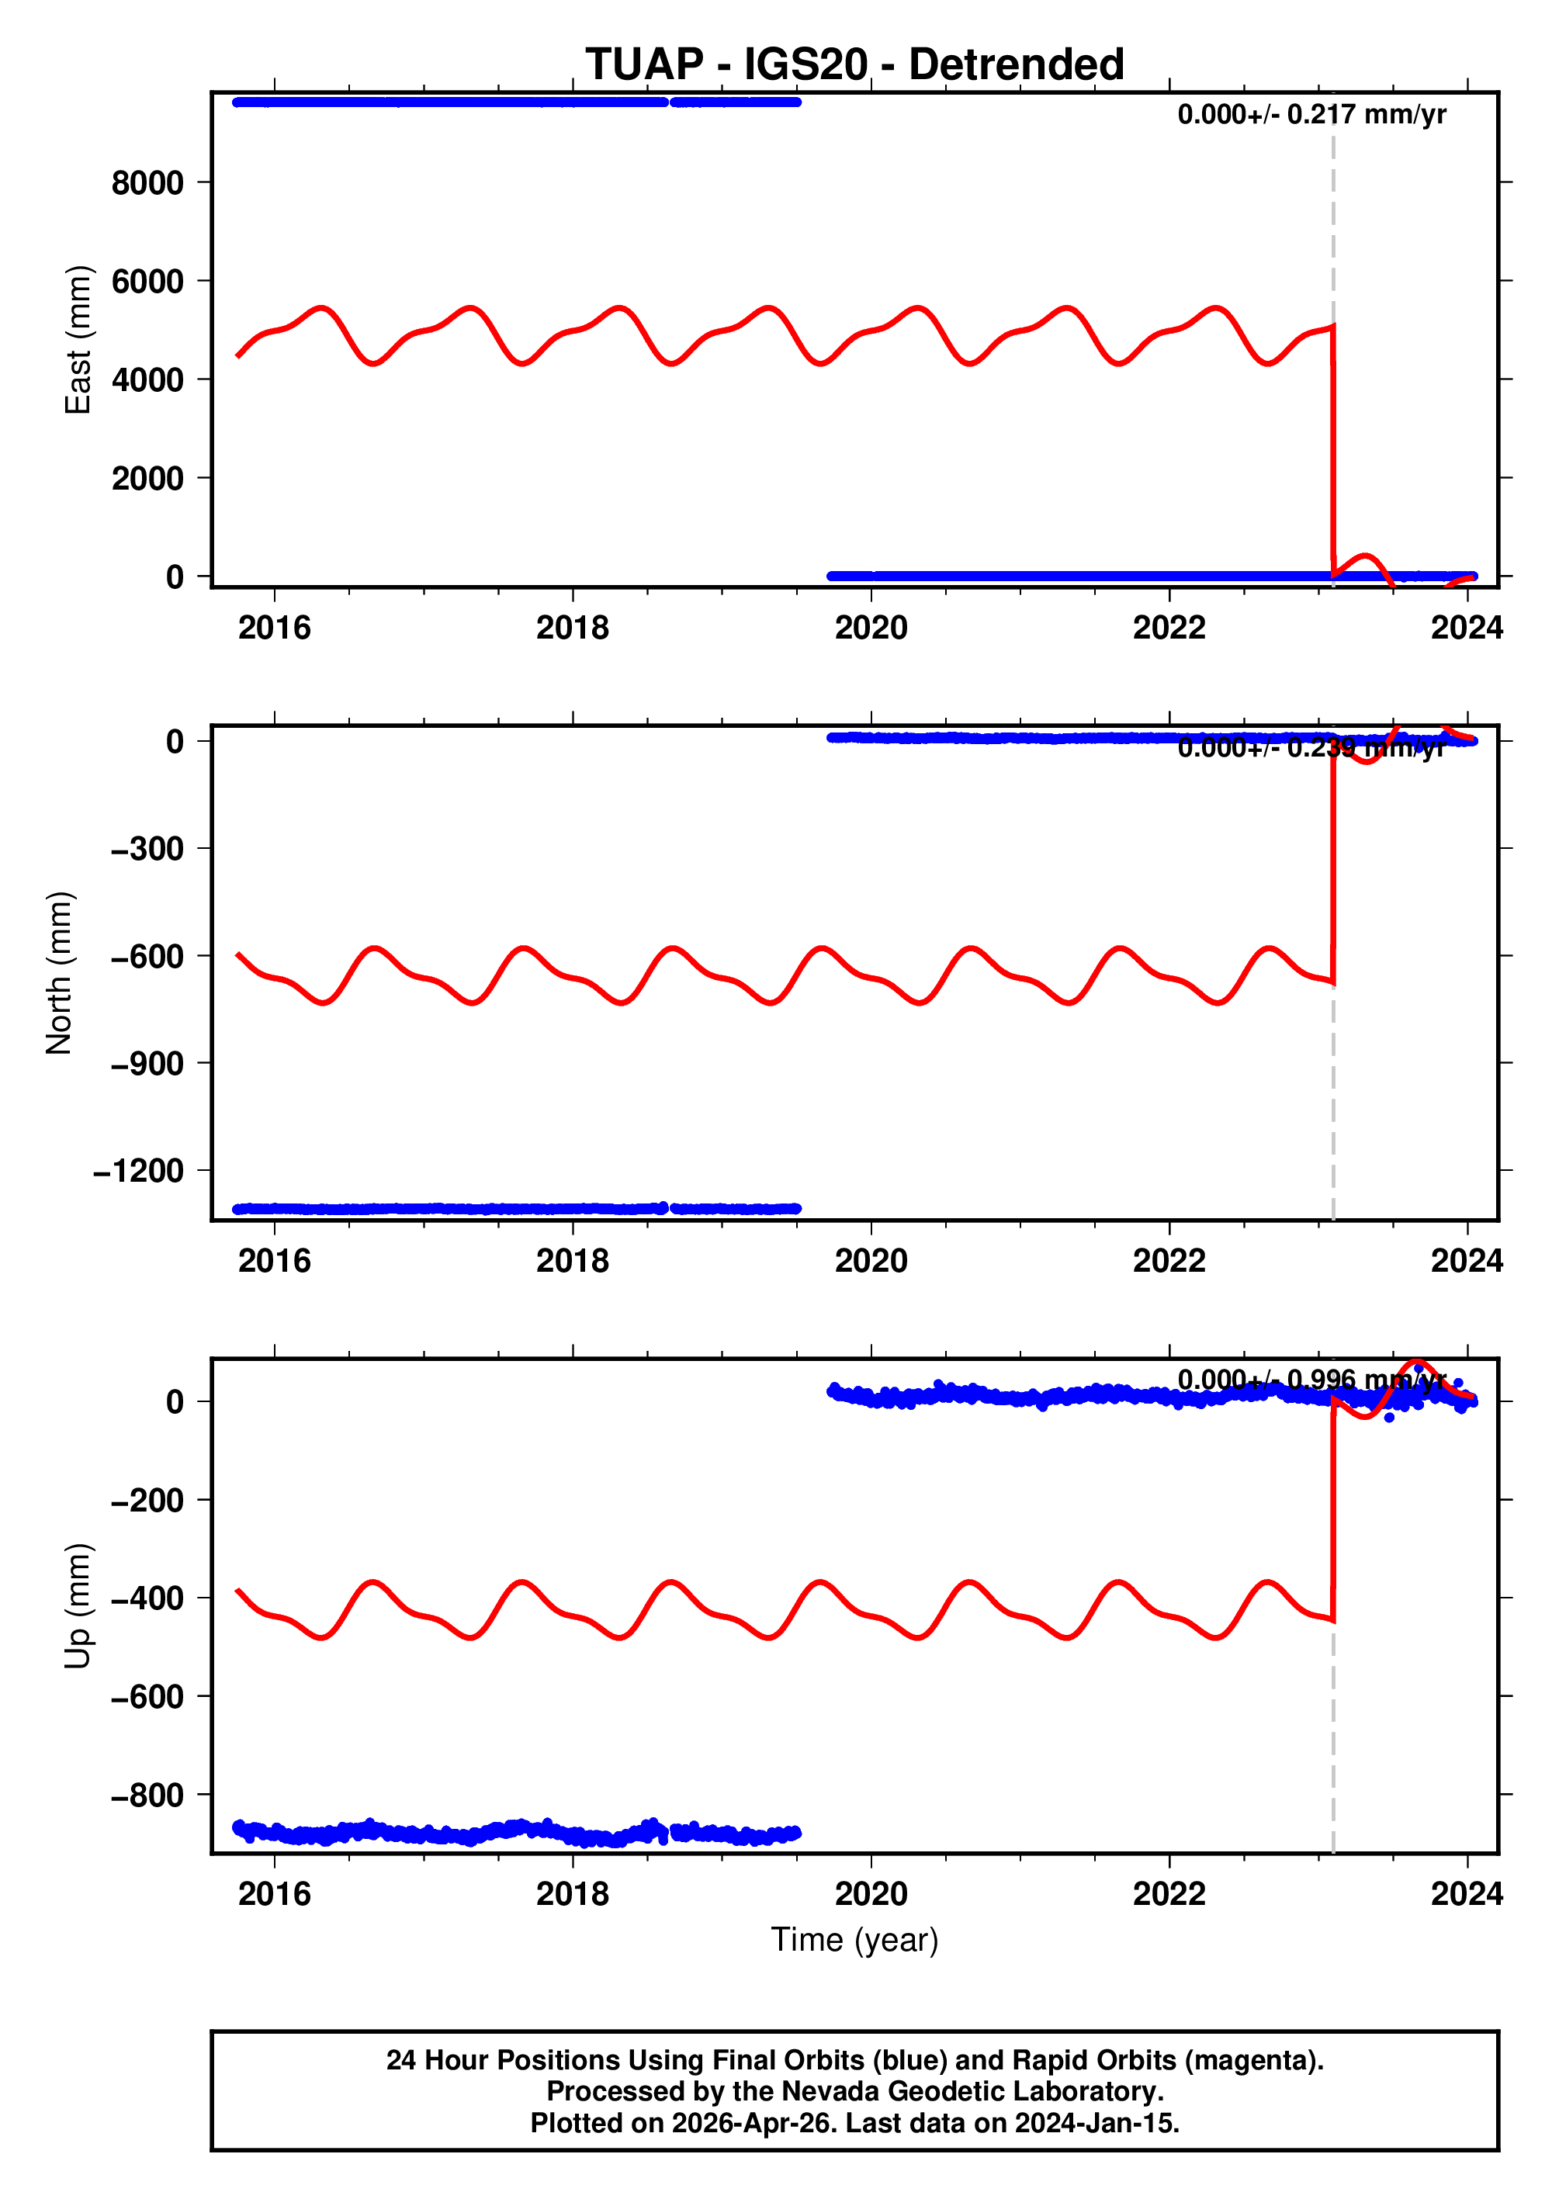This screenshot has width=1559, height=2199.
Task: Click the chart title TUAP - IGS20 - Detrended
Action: click(x=854, y=64)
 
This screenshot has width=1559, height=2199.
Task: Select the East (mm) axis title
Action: click(x=78, y=340)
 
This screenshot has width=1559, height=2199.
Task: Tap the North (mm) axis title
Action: click(x=60, y=973)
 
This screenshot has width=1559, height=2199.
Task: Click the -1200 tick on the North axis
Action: click(x=139, y=1171)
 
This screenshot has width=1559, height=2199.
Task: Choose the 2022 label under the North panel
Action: click(x=1169, y=1260)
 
